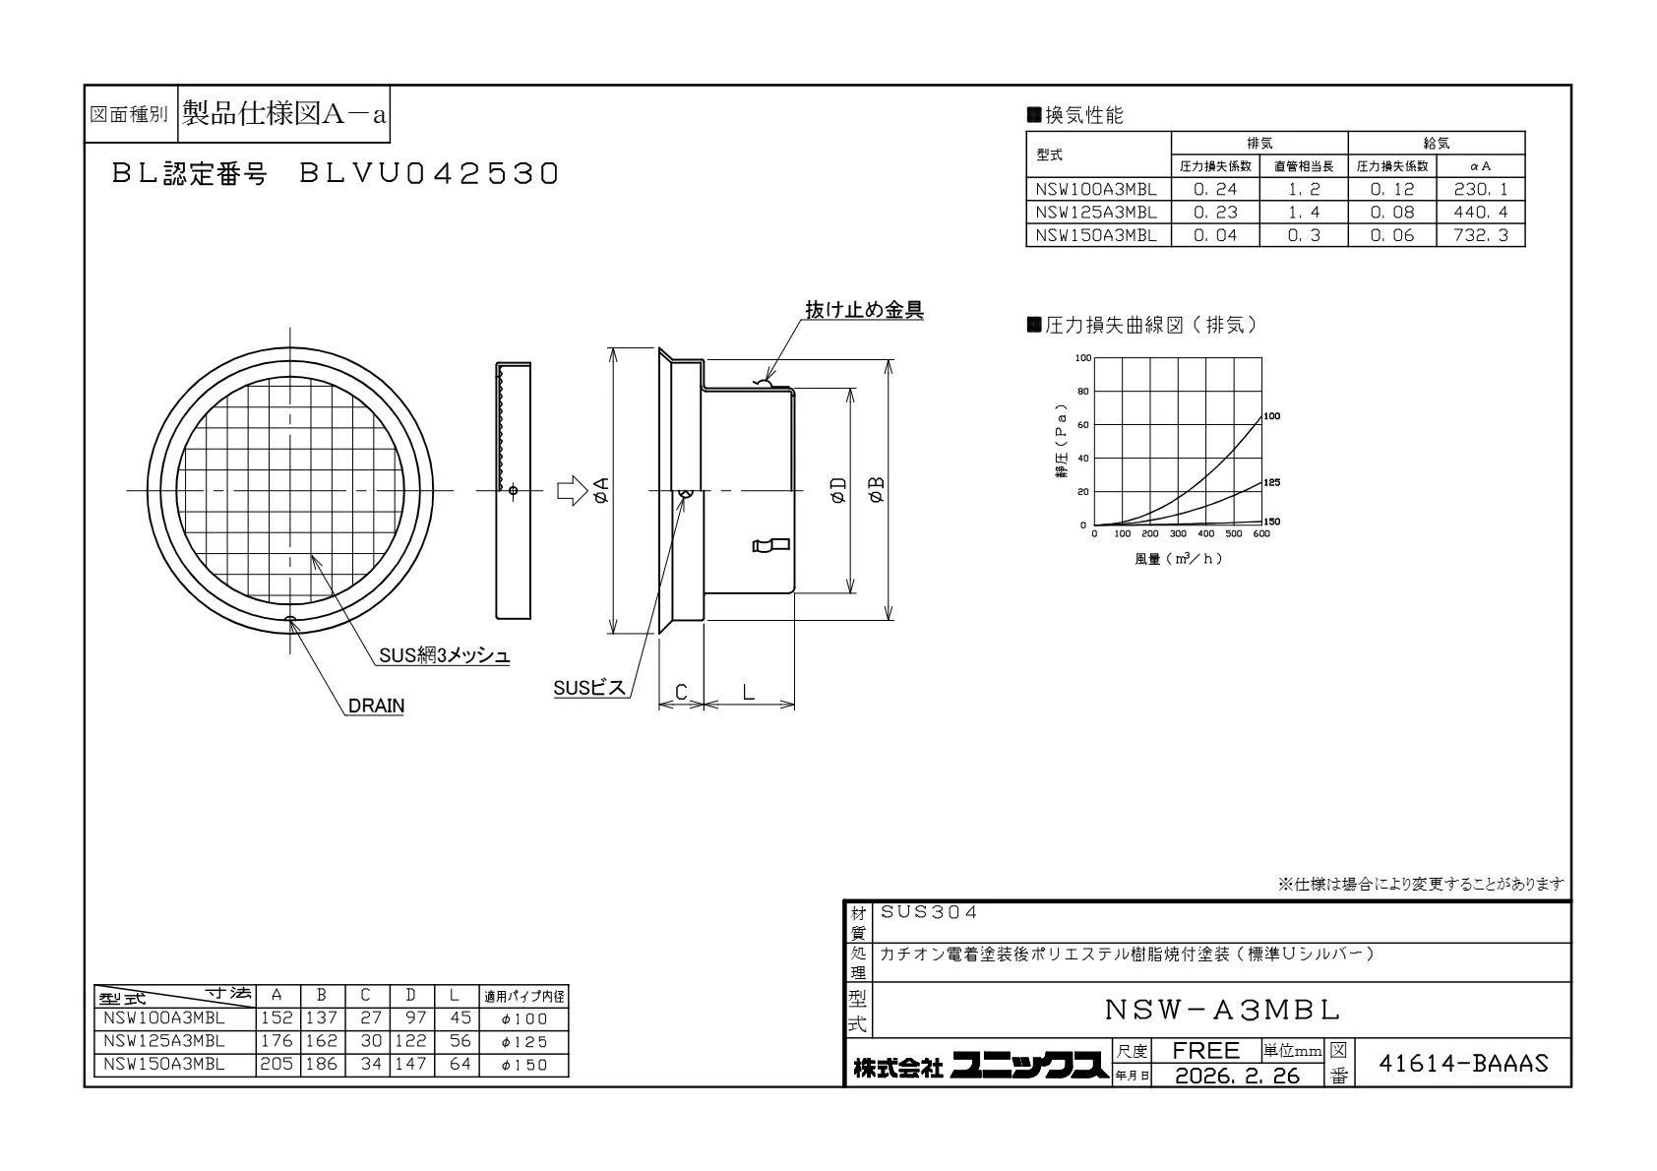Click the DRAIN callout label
pos(376,706)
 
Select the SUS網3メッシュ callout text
pos(445,655)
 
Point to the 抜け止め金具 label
pos(864,310)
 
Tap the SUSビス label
pos(589,688)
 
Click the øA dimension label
pos(601,490)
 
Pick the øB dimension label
pos(877,490)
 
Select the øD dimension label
pos(838,490)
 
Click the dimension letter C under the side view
pos(681,693)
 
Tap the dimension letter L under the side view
pos(748,693)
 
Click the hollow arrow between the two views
pos(572,490)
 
